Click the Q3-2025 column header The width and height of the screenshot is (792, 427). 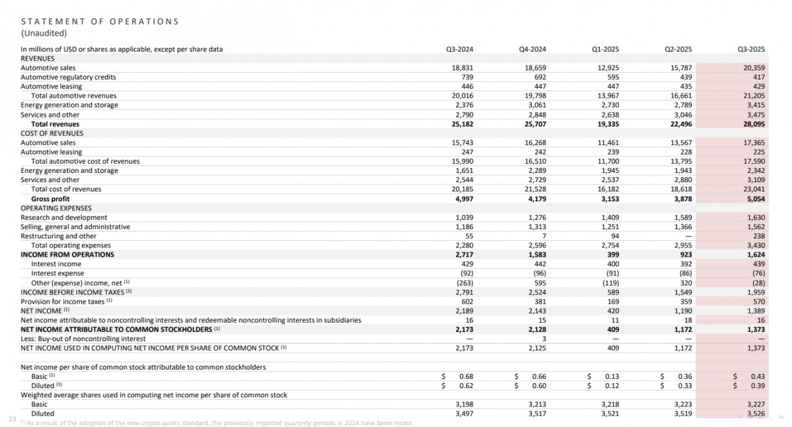pyautogui.click(x=752, y=49)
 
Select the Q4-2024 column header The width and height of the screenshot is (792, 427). pyautogui.click(x=533, y=49)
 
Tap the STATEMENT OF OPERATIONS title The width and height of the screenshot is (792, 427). pyautogui.click(x=100, y=21)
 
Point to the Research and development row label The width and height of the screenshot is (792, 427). pyautogui.click(x=64, y=217)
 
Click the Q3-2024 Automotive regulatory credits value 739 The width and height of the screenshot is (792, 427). pyautogui.click(x=467, y=77)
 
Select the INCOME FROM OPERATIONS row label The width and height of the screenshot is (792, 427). pyautogui.click(x=67, y=255)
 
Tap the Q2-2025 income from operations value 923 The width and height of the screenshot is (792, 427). pyautogui.click(x=685, y=255)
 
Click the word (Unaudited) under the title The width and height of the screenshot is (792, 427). pyautogui.click(x=44, y=32)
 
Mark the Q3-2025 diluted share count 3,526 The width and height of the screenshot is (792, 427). pyautogui.click(x=754, y=413)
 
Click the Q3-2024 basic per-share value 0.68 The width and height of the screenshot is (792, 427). pyautogui.click(x=466, y=376)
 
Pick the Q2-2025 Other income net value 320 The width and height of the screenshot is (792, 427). pyautogui.click(x=685, y=282)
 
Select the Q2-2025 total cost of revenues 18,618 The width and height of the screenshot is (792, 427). pyautogui.click(x=681, y=189)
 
